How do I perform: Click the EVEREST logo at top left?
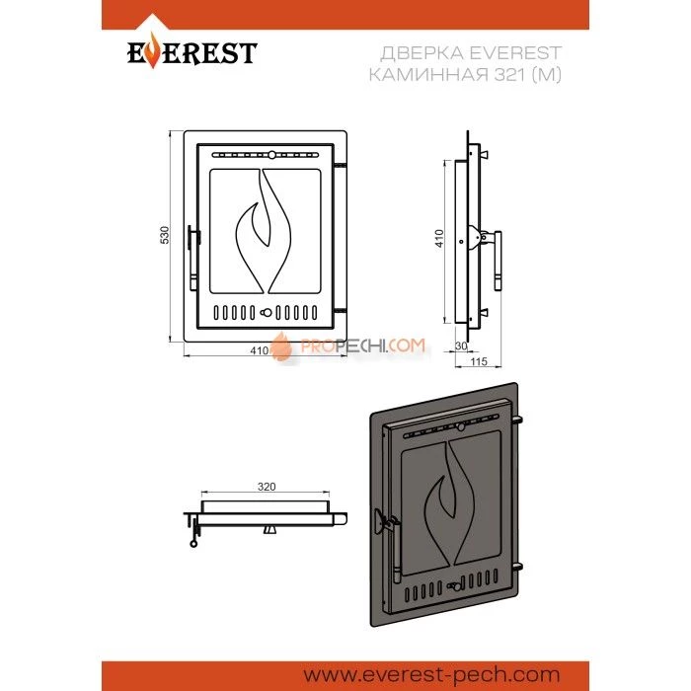coord(192,52)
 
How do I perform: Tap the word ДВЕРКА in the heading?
coord(421,53)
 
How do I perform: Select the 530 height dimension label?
coord(165,235)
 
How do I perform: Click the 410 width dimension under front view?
coord(259,350)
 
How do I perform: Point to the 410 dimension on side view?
coord(439,238)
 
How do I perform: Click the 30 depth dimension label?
coord(461,345)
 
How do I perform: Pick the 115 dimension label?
coord(479,362)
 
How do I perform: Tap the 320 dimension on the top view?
coord(267,487)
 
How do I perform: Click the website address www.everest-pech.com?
coord(432,675)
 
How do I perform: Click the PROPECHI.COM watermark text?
coord(362,345)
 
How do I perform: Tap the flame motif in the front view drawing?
coord(264,231)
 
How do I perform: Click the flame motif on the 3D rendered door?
coord(449,502)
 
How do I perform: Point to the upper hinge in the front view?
coord(340,165)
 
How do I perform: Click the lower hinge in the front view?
coord(340,311)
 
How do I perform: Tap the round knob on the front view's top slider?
coord(271,155)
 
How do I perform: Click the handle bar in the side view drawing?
coord(498,261)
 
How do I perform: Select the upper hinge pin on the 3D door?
coord(517,420)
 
